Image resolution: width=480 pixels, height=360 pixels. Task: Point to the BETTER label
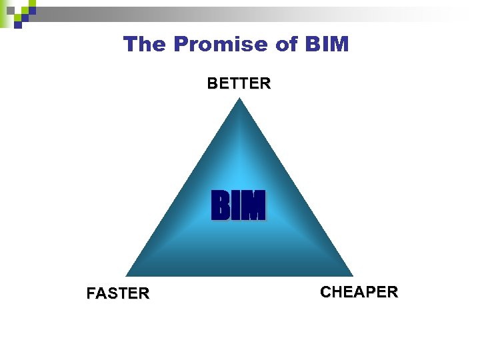click(x=239, y=83)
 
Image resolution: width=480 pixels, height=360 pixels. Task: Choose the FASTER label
click(x=118, y=293)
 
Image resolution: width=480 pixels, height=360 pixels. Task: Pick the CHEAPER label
click(x=359, y=292)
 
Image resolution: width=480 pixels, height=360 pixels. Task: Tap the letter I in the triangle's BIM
click(x=235, y=205)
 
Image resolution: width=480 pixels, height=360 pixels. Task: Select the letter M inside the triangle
click(x=253, y=205)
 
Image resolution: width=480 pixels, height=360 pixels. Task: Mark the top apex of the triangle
click(x=240, y=99)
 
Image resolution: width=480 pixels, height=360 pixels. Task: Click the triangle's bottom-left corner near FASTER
click(x=128, y=275)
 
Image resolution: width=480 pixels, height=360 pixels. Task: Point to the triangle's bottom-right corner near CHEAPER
click(x=351, y=275)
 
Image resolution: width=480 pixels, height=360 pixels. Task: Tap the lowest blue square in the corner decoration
click(x=18, y=24)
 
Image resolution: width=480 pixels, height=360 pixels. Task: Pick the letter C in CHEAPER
click(x=325, y=292)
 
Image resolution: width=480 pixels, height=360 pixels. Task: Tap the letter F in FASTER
click(x=91, y=293)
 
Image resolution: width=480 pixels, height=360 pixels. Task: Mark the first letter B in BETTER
click(x=212, y=83)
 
